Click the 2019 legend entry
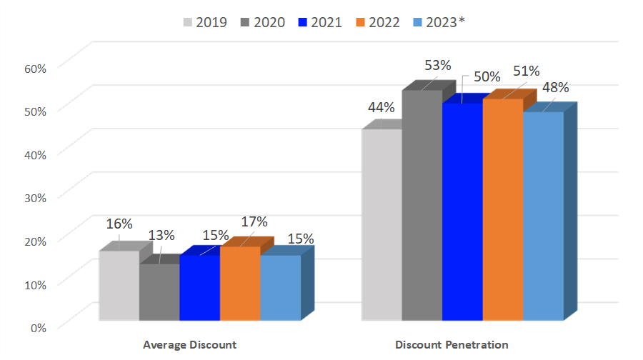tap(204, 22)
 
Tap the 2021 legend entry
tap(320, 22)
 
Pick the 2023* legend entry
tap(439, 22)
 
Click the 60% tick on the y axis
tap(34, 68)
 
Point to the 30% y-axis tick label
tap(34, 197)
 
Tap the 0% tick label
tap(37, 327)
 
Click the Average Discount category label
tap(189, 344)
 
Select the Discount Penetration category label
tap(452, 344)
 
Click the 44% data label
tap(381, 107)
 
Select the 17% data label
tap(254, 221)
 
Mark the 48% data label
tap(555, 87)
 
